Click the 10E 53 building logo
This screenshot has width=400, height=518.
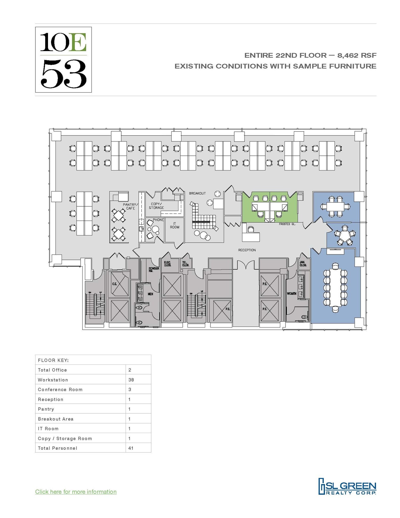coord(63,60)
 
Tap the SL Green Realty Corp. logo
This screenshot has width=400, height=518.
coord(347,486)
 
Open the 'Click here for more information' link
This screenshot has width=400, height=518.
coord(76,492)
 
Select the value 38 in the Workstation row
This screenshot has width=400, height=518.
coord(131,380)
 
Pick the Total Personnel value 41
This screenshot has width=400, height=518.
coord(131,448)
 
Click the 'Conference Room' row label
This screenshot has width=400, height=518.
coord(60,390)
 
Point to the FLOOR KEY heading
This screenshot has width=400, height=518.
coord(53,360)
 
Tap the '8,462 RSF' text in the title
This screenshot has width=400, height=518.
coord(355,55)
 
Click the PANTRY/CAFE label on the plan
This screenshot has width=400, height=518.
coord(130,206)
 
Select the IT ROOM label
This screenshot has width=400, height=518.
coord(175,225)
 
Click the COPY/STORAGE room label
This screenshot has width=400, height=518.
coord(156,206)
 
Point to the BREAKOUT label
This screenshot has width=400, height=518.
coord(197,193)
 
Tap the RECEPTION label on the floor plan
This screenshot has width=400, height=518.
coord(247,250)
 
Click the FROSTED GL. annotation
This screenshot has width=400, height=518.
coord(287,224)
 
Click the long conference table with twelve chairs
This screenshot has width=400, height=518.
coord(335,288)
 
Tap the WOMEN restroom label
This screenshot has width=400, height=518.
coord(292,293)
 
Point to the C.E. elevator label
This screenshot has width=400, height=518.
coord(114,284)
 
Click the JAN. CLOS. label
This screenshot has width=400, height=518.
coord(303,264)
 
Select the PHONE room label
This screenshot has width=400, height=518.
coord(158,220)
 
